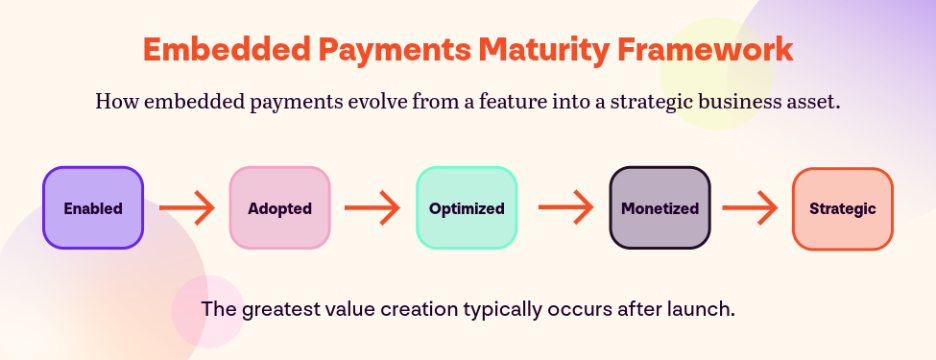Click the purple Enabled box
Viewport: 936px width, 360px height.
(x=93, y=208)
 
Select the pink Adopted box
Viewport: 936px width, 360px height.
(x=280, y=208)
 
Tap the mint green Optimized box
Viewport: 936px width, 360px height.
(x=467, y=208)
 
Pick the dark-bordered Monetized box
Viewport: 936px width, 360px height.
(x=660, y=208)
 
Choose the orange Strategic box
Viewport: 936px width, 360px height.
(x=843, y=209)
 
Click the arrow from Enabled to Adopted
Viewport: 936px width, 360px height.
(x=187, y=208)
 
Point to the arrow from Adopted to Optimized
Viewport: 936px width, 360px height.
(x=372, y=208)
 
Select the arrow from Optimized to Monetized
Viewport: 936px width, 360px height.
(x=566, y=207)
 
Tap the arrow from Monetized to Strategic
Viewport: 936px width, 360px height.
(x=750, y=208)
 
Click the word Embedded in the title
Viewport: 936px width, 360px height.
(x=227, y=50)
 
